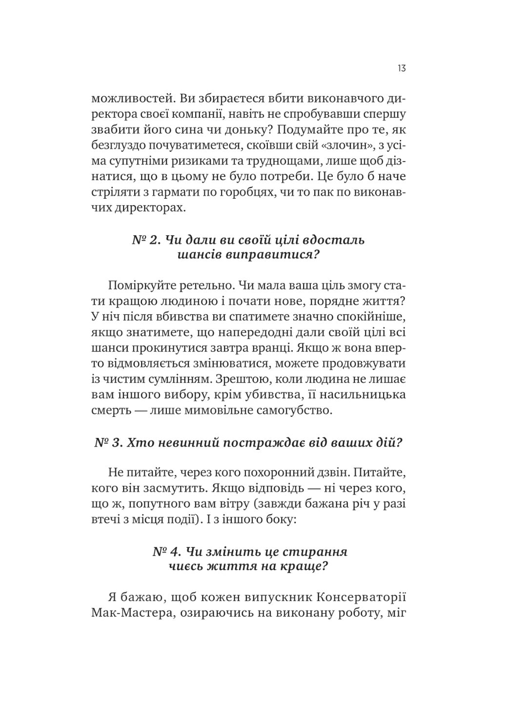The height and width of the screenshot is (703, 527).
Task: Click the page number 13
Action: (x=401, y=68)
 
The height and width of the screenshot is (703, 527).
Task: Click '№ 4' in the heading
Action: (x=166, y=552)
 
